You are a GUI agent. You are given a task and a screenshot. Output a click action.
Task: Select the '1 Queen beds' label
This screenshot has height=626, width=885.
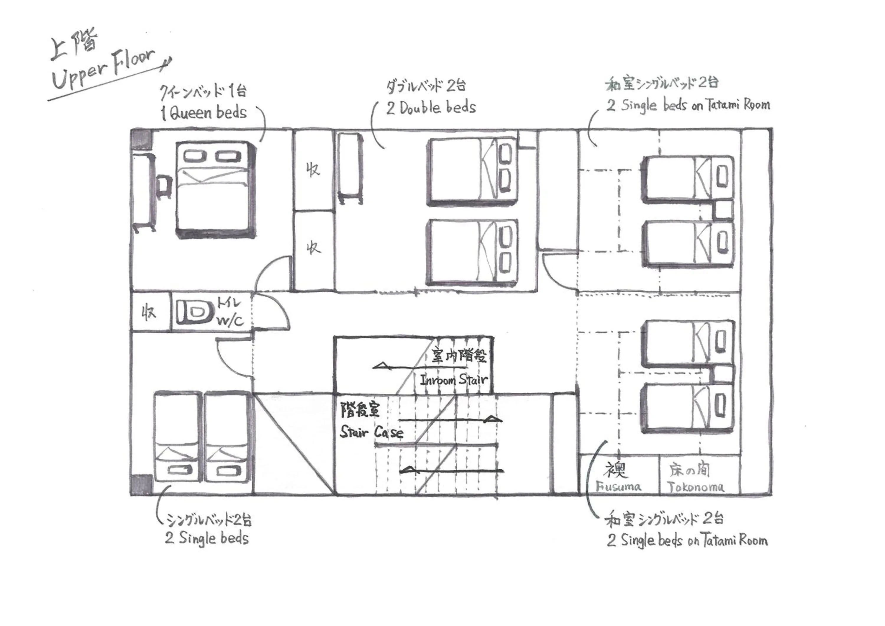pyautogui.click(x=204, y=113)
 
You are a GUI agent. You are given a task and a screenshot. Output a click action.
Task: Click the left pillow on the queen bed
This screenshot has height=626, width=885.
pyautogui.click(x=195, y=156)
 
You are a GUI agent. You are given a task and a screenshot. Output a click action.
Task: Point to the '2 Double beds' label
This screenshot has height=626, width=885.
pyautogui.click(x=431, y=108)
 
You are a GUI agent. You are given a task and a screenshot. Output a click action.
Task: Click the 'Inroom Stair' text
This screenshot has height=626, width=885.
pyautogui.click(x=454, y=380)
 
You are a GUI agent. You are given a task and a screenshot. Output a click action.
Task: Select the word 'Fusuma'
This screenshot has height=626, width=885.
pyautogui.click(x=618, y=487)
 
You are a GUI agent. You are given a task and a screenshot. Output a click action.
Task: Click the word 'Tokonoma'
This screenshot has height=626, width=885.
pyautogui.click(x=695, y=487)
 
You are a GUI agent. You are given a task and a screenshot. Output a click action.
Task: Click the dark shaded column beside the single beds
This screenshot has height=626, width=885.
pyautogui.click(x=141, y=484)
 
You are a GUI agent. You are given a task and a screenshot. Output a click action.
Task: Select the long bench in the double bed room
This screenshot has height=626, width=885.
pyautogui.click(x=350, y=168)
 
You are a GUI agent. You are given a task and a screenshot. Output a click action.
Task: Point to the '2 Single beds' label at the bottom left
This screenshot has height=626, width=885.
pyautogui.click(x=207, y=538)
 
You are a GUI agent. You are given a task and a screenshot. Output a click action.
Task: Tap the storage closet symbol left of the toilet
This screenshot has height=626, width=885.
pyautogui.click(x=150, y=312)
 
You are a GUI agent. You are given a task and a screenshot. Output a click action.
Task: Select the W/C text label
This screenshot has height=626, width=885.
pyautogui.click(x=230, y=320)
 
